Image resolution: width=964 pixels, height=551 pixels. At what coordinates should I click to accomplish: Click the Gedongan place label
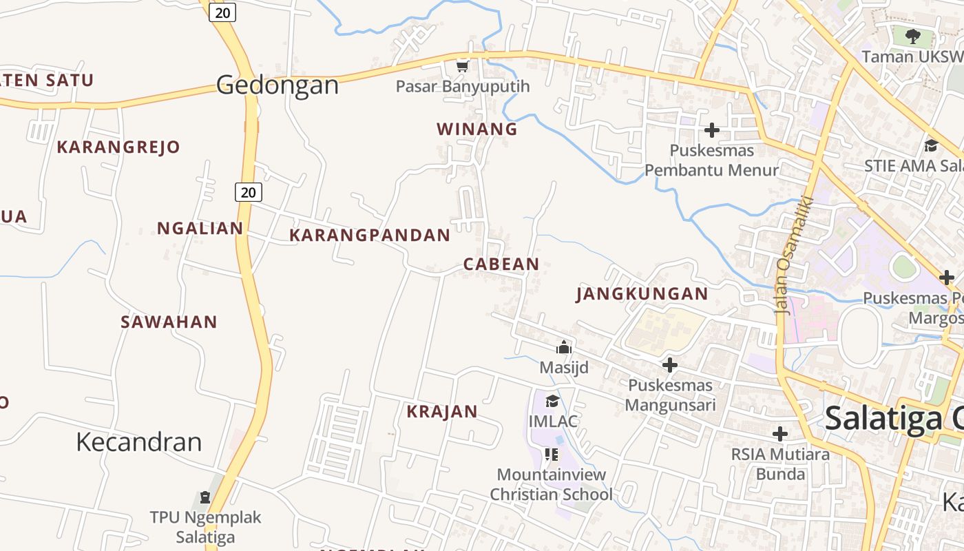tap(277, 85)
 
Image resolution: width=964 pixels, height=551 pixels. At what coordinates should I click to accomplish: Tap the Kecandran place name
tap(139, 441)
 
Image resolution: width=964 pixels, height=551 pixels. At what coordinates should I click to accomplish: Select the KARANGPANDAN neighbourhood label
tap(370, 235)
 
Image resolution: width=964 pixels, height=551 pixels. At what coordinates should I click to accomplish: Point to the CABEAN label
tap(501, 264)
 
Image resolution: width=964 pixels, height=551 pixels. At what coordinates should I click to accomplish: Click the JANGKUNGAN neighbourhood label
tap(642, 294)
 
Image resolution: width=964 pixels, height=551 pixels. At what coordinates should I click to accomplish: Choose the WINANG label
tap(477, 129)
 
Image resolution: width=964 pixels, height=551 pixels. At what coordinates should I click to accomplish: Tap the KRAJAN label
tap(442, 412)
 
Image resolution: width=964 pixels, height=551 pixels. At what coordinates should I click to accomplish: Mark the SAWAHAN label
tap(169, 322)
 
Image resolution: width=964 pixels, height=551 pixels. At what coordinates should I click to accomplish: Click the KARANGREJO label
tap(118, 147)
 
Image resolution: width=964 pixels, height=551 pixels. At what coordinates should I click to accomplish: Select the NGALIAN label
tap(200, 228)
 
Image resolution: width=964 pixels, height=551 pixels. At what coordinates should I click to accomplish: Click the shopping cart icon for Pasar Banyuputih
tap(463, 67)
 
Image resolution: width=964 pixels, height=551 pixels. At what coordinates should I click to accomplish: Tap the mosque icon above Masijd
tap(564, 347)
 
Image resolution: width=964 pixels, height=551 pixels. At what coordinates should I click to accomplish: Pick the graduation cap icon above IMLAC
tap(552, 401)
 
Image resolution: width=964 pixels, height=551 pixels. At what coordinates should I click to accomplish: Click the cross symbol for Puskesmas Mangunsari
tap(670, 365)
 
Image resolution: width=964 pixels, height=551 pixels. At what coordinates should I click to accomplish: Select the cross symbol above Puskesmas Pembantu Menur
tap(712, 129)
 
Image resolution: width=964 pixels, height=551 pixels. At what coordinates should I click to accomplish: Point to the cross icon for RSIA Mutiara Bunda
tap(780, 434)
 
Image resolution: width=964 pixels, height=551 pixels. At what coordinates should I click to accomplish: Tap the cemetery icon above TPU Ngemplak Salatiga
tap(205, 497)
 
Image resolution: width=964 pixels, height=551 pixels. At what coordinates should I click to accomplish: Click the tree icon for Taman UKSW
tap(913, 36)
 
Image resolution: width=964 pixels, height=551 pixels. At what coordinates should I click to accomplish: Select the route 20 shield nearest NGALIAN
tap(249, 192)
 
